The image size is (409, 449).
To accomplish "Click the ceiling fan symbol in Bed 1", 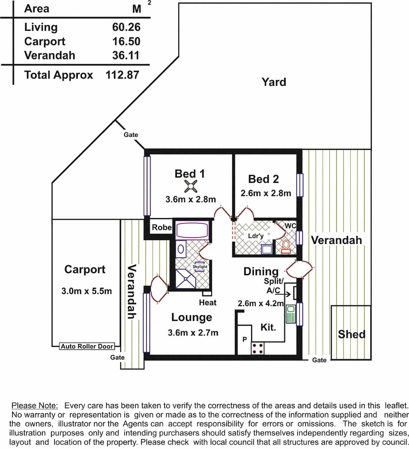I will (190, 186).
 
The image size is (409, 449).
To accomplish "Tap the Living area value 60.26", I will (126, 27).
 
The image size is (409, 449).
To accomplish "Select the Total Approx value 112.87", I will (123, 75).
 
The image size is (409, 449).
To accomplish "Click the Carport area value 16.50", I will (126, 42).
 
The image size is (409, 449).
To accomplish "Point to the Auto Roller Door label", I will (87, 346).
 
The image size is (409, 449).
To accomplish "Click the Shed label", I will (352, 334).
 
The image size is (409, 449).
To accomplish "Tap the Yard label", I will (274, 82).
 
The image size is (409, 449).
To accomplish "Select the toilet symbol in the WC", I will (286, 246).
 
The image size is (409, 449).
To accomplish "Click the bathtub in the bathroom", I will (192, 230).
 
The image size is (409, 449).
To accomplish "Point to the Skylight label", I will (200, 266).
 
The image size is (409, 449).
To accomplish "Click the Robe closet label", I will (161, 227).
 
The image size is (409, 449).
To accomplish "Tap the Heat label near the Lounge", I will (208, 302).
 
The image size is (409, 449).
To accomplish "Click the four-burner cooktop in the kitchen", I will (258, 348).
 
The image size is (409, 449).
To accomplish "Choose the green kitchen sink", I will (290, 315).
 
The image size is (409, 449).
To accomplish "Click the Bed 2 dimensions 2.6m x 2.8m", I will (265, 193).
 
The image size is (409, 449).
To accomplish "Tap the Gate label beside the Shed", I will (319, 360).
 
